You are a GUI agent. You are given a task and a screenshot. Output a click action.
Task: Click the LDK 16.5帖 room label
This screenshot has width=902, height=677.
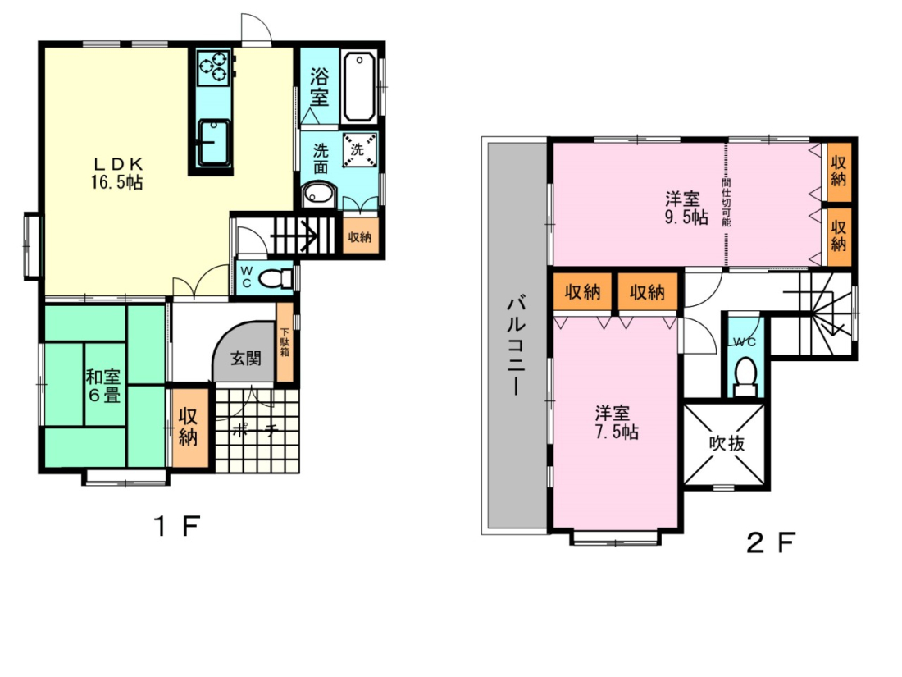pyautogui.click(x=116, y=173)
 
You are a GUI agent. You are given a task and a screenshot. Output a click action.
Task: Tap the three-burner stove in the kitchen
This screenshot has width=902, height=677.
pyautogui.click(x=214, y=66)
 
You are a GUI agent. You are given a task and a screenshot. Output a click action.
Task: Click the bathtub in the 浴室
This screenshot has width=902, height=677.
pyautogui.click(x=359, y=86)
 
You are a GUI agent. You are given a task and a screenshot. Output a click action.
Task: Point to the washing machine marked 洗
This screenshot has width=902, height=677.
pyautogui.click(x=359, y=150)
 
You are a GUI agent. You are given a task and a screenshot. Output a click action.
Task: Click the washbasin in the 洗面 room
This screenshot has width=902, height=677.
pyautogui.click(x=318, y=194)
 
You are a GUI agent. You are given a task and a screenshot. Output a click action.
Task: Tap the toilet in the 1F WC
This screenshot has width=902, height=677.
pyautogui.click(x=276, y=279)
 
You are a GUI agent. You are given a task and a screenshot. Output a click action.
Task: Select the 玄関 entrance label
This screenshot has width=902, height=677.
pyautogui.click(x=246, y=359)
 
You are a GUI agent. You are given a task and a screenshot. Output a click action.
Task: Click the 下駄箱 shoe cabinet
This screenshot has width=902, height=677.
pyautogui.click(x=285, y=342)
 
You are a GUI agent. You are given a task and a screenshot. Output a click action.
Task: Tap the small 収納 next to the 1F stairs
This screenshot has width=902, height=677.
pyautogui.click(x=360, y=236)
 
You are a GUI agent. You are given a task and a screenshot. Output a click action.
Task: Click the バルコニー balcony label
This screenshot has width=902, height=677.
pyautogui.click(x=516, y=346)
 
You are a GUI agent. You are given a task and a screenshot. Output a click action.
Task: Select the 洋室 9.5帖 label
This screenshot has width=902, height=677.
pyautogui.click(x=686, y=208)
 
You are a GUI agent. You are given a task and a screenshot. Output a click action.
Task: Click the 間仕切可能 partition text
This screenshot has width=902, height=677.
pyautogui.click(x=726, y=202)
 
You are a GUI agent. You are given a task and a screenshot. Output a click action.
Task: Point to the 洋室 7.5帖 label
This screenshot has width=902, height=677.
pyautogui.click(x=616, y=423)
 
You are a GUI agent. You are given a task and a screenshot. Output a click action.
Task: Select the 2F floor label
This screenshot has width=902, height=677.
pyautogui.click(x=771, y=542)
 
